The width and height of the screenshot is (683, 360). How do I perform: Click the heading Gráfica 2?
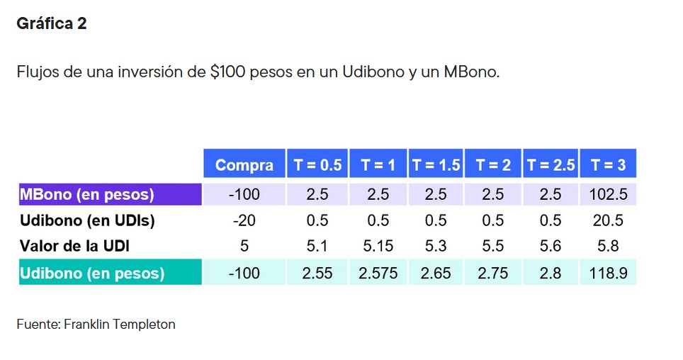[x=51, y=23]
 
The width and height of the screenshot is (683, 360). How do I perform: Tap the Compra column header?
[x=244, y=165]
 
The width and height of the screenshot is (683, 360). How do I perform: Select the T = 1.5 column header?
[x=436, y=165]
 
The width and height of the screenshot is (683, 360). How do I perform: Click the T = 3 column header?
[x=608, y=165]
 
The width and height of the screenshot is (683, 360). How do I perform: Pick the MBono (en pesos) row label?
[x=86, y=194]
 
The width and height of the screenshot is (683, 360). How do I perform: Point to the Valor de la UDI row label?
[x=74, y=247]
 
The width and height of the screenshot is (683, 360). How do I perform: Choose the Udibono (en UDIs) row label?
[x=87, y=220]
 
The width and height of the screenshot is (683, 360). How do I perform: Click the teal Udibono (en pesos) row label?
[x=92, y=273]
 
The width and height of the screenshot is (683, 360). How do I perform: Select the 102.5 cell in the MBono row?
[x=608, y=194]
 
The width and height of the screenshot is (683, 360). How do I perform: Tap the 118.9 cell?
[x=608, y=273]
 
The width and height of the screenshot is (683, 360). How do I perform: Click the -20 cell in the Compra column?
[x=244, y=220]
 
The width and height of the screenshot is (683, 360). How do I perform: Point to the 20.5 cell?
[x=608, y=220]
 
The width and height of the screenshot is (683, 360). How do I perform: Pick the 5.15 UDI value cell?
[x=378, y=247]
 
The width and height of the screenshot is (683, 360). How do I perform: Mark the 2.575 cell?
[x=378, y=273]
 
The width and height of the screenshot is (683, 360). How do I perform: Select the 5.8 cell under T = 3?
[x=608, y=247]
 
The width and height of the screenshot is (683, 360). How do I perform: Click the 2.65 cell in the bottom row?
[x=436, y=273]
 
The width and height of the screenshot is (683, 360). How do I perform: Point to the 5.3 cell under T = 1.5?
[x=436, y=247]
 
